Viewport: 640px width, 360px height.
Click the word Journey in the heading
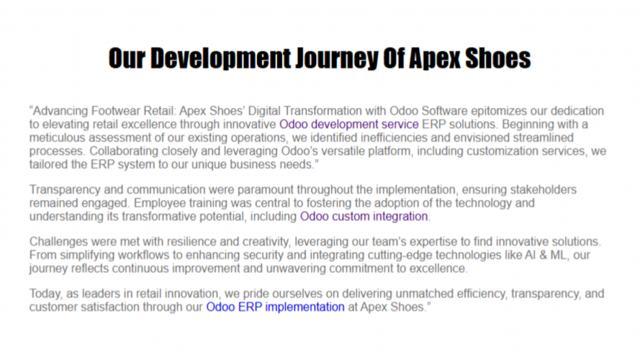coord(337,58)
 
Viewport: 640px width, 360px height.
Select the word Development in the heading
coord(221,58)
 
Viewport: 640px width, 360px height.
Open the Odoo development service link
coord(349,124)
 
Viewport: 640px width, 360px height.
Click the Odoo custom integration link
coord(364,216)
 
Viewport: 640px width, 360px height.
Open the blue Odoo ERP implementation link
coord(276,307)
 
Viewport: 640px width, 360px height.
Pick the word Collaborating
coord(124,151)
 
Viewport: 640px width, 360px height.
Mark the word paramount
coord(266,190)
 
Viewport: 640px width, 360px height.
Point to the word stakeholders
coord(544,190)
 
